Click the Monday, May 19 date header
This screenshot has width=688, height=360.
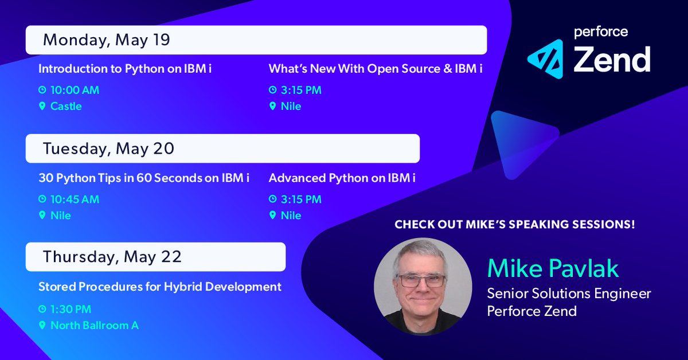(x=107, y=40)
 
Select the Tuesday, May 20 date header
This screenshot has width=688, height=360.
(x=108, y=148)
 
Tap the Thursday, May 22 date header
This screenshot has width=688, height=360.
(x=112, y=257)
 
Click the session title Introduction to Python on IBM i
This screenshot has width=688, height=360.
(x=129, y=69)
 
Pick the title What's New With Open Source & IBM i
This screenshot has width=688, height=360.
(x=376, y=69)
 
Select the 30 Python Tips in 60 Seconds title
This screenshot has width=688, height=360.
(x=144, y=178)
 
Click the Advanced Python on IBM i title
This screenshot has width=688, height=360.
(x=342, y=178)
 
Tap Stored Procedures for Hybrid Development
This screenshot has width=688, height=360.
(x=160, y=286)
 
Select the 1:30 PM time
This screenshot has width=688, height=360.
(x=71, y=309)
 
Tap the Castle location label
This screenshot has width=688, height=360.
(x=66, y=106)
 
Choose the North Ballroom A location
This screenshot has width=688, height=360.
(x=95, y=325)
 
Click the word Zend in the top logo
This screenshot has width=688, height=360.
(x=612, y=59)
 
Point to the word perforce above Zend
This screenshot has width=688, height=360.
(x=601, y=32)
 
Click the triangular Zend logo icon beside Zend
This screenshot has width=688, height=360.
(x=548, y=59)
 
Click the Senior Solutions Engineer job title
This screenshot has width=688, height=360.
(x=569, y=294)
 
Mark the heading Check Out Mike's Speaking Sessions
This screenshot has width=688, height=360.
(x=515, y=225)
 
